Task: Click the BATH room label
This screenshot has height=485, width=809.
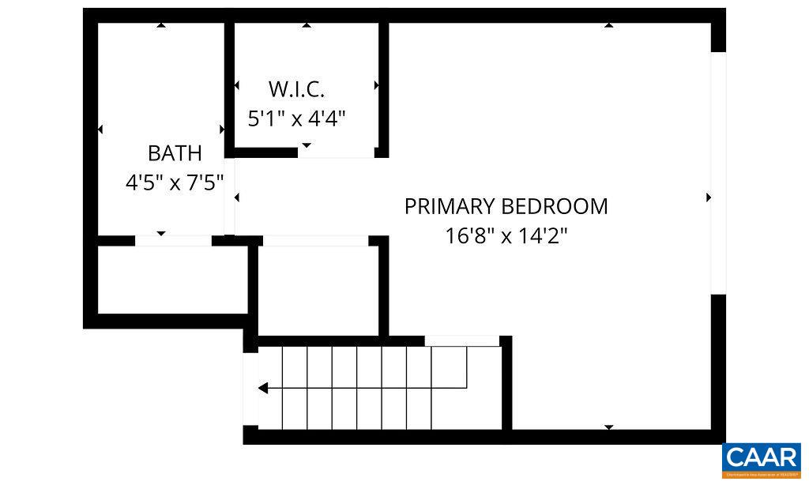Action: pyautogui.click(x=175, y=152)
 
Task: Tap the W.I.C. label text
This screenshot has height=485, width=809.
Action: pyautogui.click(x=296, y=88)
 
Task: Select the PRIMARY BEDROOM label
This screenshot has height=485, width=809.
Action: pyautogui.click(x=506, y=206)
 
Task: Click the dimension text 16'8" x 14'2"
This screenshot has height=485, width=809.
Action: pyautogui.click(x=507, y=235)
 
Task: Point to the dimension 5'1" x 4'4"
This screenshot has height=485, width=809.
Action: pyautogui.click(x=297, y=118)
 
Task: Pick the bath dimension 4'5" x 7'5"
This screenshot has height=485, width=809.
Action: pyautogui.click(x=175, y=182)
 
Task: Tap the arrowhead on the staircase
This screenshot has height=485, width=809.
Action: pyautogui.click(x=263, y=388)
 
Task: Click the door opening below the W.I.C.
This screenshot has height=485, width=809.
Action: pyautogui.click(x=336, y=152)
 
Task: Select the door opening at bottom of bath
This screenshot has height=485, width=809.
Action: pyautogui.click(x=173, y=240)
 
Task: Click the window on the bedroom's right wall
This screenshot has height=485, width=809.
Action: pyautogui.click(x=718, y=174)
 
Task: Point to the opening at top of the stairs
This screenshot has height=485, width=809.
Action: pyautogui.click(x=462, y=340)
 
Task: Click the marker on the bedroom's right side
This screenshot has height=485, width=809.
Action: pyautogui.click(x=709, y=197)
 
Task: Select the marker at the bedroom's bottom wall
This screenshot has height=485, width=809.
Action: pyautogui.click(x=608, y=427)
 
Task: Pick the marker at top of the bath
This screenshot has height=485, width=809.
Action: pyautogui.click(x=161, y=26)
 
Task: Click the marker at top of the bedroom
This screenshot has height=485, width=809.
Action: pyautogui.click(x=608, y=26)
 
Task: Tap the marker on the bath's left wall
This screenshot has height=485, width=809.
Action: pyautogui.click(x=100, y=129)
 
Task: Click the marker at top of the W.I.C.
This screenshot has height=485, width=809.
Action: pyautogui.click(x=307, y=26)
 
